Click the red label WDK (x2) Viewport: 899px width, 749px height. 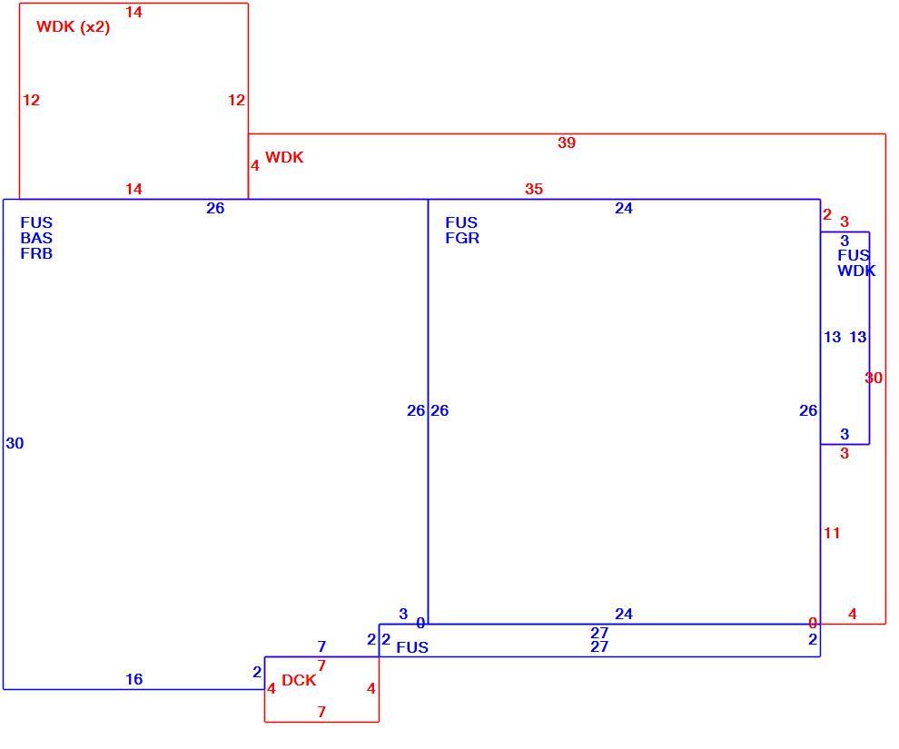point(73,27)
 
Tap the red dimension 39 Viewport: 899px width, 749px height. point(567,143)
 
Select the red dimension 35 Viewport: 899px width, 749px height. point(534,189)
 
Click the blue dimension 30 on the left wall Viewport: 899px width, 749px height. point(15,443)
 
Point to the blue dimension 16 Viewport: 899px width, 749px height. point(134,679)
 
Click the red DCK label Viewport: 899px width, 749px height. point(299,680)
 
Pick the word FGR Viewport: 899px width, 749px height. point(462,238)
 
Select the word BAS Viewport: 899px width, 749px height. point(36,238)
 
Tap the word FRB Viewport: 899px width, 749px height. point(36,253)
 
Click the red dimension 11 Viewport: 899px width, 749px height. point(832,533)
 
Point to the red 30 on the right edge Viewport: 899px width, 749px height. point(874,378)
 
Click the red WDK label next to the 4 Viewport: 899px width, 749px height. point(284,157)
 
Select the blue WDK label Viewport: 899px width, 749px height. point(856,271)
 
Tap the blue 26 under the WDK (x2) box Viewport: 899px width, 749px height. point(215,208)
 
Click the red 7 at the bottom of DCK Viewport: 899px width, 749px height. point(321,712)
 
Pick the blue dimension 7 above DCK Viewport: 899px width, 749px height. point(321,646)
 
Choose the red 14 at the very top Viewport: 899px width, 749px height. point(134,12)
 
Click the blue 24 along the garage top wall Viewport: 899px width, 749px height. point(624,208)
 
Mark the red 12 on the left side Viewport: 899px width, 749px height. point(32,100)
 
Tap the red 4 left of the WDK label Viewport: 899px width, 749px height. point(255,165)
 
